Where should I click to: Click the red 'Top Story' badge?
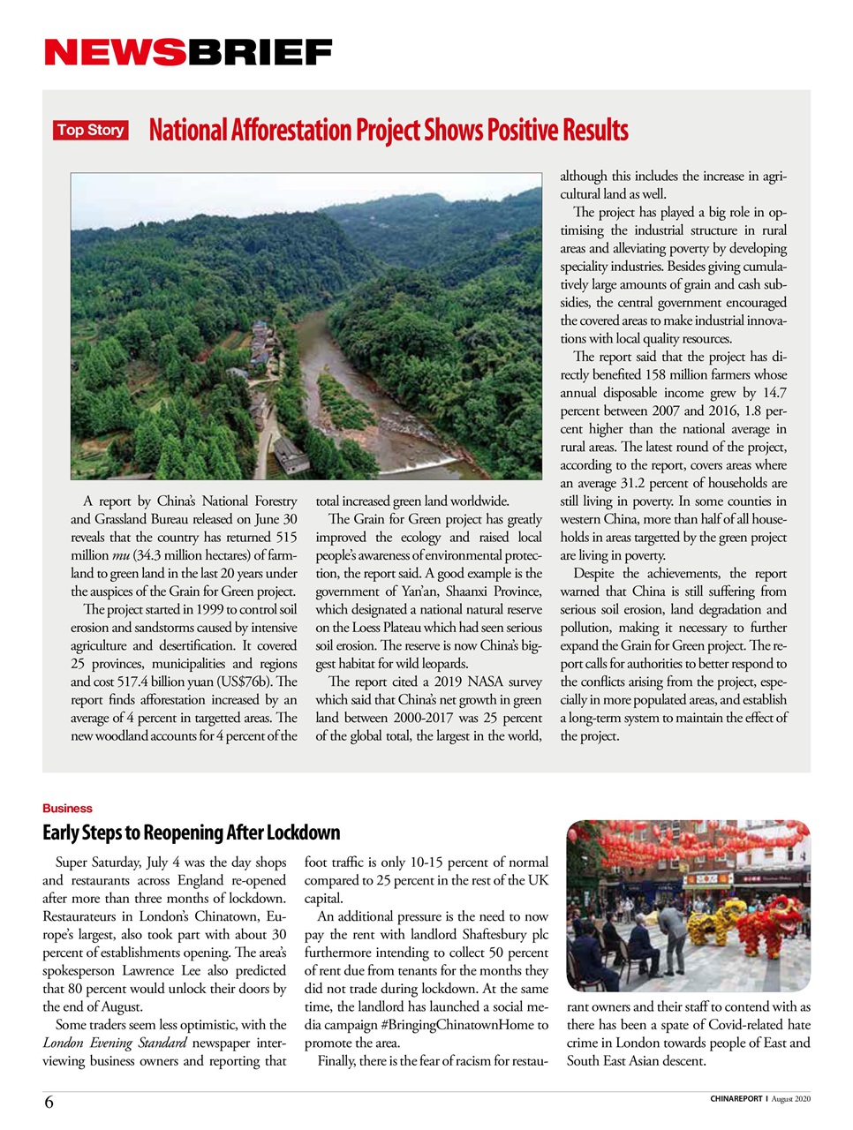click(91, 131)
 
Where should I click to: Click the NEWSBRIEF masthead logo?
click(188, 53)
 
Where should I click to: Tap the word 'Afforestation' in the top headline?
click(291, 131)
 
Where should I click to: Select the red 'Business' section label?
click(67, 808)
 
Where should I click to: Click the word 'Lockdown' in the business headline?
click(303, 832)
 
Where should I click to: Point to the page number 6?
click(49, 1102)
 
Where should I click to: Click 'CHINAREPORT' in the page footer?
click(736, 1099)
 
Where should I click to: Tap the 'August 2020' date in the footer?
click(791, 1099)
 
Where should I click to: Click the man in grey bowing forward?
click(673, 923)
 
